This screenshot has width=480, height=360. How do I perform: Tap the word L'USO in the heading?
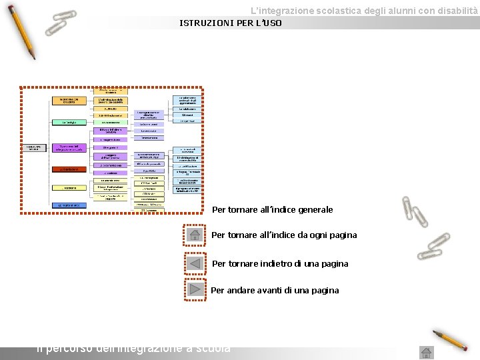click(x=267, y=23)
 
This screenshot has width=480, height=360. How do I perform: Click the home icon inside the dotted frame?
click(x=195, y=235)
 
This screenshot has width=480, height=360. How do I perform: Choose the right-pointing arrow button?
click(x=195, y=289)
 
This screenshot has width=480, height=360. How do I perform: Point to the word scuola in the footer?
click(x=214, y=348)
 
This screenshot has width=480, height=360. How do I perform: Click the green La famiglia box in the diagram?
click(x=69, y=123)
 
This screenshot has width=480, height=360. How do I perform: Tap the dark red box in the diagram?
click(x=69, y=169)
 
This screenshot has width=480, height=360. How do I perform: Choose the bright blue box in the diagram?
click(x=69, y=205)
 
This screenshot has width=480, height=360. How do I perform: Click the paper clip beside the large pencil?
click(x=60, y=22)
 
